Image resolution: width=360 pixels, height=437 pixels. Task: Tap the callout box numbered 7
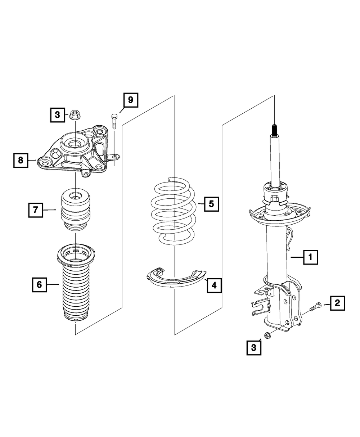[x=36, y=210]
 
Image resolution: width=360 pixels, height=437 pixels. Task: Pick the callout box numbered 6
[x=39, y=285]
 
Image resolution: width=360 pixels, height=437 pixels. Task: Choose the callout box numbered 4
[x=214, y=285]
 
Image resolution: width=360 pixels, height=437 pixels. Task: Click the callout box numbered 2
[x=337, y=303]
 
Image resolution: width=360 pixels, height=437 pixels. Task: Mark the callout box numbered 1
[x=310, y=257]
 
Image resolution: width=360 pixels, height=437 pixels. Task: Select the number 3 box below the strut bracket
[x=254, y=348]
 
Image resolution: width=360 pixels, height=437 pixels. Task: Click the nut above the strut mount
[x=75, y=114]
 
